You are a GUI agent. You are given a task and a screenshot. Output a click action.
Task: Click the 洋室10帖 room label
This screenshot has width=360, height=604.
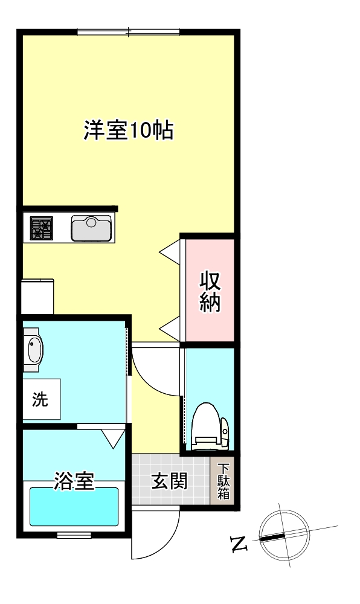(129, 130)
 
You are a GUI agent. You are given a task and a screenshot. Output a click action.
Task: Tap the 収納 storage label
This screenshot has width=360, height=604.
(210, 292)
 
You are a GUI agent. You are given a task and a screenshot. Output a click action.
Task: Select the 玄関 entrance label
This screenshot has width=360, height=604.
(169, 481)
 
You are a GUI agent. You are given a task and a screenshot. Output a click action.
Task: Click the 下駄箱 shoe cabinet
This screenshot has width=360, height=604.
(223, 482)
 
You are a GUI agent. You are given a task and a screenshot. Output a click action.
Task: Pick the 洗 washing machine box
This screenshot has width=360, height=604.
(41, 399)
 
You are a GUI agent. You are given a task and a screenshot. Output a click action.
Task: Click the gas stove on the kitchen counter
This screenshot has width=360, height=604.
(42, 228)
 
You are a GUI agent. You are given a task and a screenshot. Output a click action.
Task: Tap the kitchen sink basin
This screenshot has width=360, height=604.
(91, 228)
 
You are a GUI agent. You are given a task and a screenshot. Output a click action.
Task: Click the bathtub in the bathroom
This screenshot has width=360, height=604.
(74, 506)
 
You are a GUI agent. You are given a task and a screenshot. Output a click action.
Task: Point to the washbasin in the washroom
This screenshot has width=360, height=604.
(33, 350)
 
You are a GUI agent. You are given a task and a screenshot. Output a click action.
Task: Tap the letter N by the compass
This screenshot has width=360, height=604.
(240, 545)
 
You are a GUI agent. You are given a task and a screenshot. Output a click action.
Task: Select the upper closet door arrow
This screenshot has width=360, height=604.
(170, 250)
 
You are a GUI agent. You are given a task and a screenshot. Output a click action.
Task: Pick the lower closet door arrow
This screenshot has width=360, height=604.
(170, 328)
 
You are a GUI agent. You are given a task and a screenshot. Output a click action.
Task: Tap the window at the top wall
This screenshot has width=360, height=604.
(128, 31)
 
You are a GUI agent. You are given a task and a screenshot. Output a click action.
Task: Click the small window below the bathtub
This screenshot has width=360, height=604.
(74, 535)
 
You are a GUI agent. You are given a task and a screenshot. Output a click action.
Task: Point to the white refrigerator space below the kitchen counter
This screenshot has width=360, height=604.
(37, 297)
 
